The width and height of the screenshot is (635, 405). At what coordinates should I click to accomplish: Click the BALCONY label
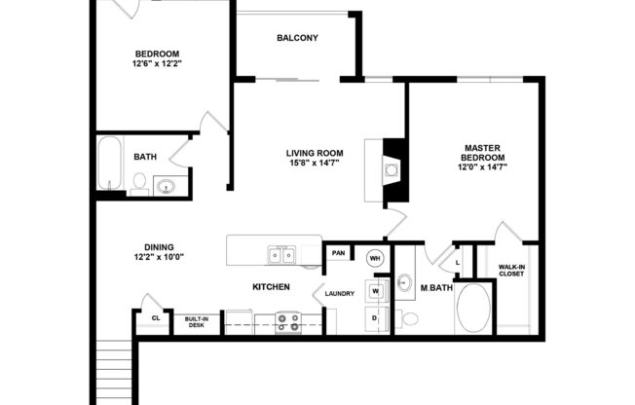297,38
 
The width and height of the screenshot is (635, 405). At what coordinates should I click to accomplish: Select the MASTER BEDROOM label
482,152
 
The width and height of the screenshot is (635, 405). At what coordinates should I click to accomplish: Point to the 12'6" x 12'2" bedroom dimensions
156,63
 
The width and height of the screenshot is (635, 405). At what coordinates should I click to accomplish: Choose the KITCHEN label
271,287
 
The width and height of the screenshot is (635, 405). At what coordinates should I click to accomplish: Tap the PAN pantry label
338,253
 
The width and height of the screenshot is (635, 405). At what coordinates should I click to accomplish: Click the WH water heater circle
375,258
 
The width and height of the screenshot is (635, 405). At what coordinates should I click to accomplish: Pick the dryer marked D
375,318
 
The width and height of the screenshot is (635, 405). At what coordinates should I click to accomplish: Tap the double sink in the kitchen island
282,255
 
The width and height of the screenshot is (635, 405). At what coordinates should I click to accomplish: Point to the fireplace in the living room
392,171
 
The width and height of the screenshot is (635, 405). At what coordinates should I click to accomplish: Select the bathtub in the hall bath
109,166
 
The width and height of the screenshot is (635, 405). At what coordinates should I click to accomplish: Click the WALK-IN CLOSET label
512,270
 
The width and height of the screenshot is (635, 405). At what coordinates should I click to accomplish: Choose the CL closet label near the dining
155,318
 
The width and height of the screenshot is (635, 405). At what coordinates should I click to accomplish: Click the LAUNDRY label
340,292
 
